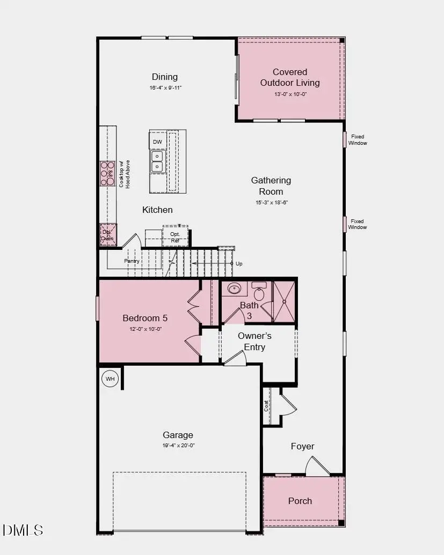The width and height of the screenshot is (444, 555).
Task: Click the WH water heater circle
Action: click(x=110, y=379)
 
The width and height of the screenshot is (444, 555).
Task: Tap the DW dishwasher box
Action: click(x=157, y=142)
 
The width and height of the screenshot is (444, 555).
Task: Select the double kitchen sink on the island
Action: click(x=157, y=161)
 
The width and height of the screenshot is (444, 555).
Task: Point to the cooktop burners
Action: click(x=107, y=173)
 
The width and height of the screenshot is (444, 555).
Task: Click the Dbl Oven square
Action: click(x=108, y=235)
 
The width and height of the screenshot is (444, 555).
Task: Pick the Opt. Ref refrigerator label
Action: click(x=175, y=238)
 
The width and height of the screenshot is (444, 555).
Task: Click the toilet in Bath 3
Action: click(x=259, y=293)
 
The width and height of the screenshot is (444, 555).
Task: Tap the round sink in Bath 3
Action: click(x=235, y=289)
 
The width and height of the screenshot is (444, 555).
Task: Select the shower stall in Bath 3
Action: click(x=284, y=301)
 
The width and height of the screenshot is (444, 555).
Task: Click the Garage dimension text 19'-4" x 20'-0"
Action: click(x=178, y=445)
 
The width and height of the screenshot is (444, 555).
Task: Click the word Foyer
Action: click(x=302, y=446)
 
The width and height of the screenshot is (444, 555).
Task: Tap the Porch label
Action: click(x=300, y=501)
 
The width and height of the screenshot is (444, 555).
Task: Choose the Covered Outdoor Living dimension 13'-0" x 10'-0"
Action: click(x=290, y=94)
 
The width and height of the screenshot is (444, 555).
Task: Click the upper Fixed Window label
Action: click(x=358, y=140)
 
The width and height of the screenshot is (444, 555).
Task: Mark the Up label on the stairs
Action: click(x=239, y=264)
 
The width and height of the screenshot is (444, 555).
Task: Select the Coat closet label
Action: click(x=266, y=406)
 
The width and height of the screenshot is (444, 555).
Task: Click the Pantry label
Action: click(x=132, y=261)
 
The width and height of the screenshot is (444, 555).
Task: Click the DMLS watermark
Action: click(x=23, y=530)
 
